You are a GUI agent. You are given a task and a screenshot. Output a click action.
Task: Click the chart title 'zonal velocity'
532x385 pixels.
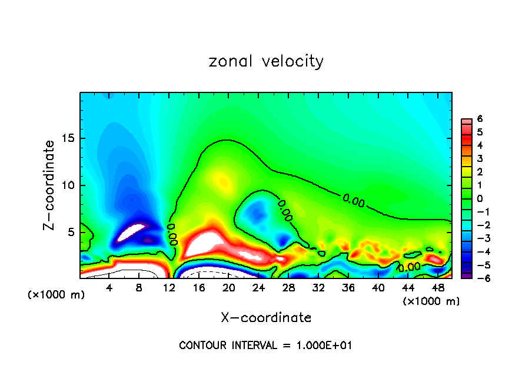(266, 61)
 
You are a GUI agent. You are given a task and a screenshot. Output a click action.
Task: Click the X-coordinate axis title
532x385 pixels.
(266, 318)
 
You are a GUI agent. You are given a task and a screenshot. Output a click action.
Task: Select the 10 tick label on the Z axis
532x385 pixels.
(67, 185)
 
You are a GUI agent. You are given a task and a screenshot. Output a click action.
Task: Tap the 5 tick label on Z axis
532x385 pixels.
(71, 232)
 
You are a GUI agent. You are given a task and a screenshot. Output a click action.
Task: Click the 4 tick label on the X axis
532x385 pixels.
(109, 288)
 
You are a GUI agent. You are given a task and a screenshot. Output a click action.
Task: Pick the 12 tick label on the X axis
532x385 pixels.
(169, 288)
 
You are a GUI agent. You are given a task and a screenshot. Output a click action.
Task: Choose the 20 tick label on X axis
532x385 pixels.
(228, 288)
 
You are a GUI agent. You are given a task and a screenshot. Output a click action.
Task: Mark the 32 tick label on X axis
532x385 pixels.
(318, 288)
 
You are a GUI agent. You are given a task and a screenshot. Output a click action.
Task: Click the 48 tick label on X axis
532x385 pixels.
(437, 288)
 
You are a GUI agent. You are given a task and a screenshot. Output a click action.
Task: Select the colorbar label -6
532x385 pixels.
(478, 277)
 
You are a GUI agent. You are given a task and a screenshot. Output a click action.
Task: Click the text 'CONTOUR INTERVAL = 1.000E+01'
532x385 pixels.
(266, 346)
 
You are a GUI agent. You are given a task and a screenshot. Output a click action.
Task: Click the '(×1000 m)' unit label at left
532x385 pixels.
(56, 294)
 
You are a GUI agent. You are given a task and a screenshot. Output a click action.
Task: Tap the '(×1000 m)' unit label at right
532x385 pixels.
(431, 301)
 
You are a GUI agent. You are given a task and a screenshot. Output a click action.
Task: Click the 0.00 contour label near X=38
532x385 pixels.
(353, 200)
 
